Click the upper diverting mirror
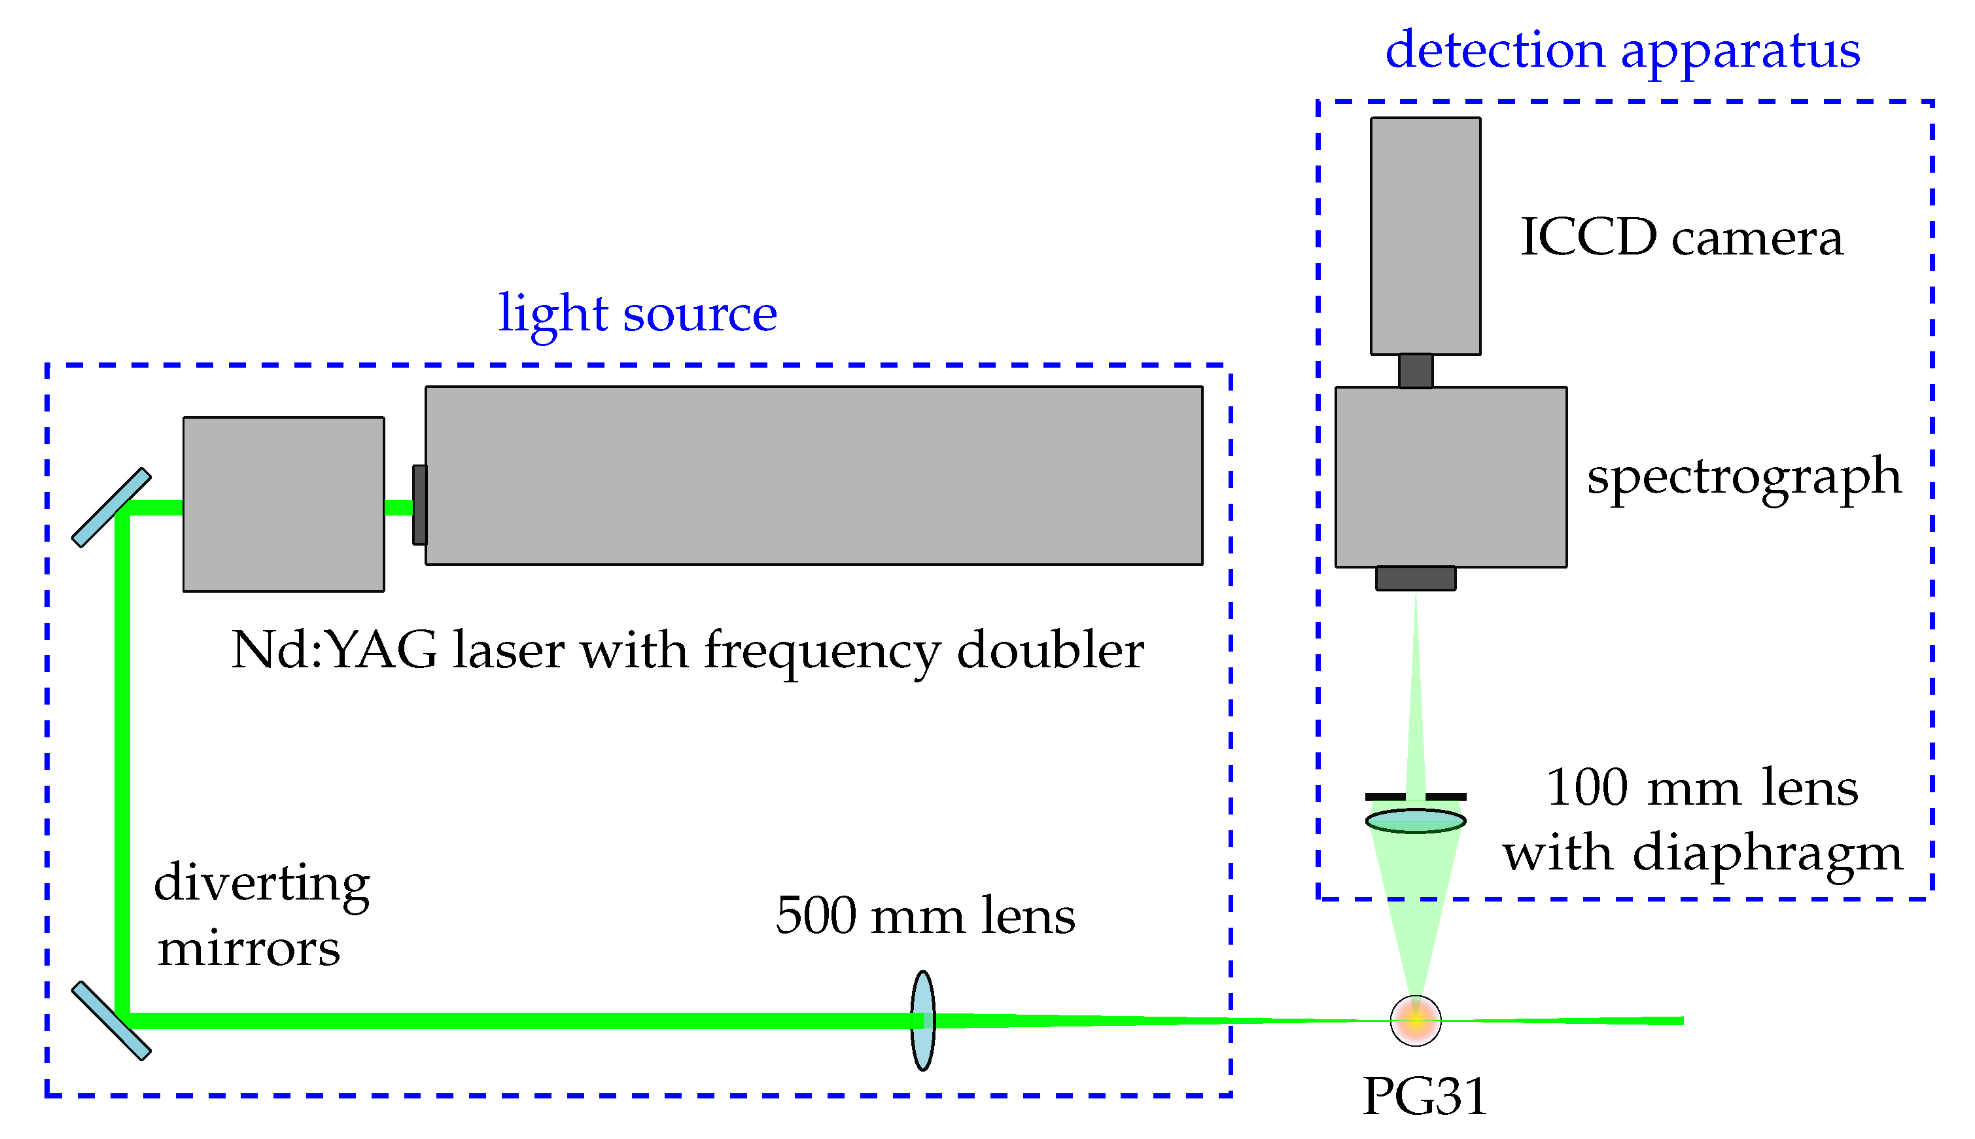pyautogui.click(x=111, y=508)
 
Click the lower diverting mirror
pyautogui.click(x=111, y=1021)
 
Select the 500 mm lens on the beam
pyautogui.click(x=923, y=1020)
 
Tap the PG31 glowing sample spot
pyautogui.click(x=1415, y=1020)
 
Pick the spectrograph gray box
pyautogui.click(x=1450, y=477)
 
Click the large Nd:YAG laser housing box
pyautogui.click(x=813, y=476)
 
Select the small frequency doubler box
pyautogui.click(x=283, y=504)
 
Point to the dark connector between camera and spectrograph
pyautogui.click(x=1415, y=371)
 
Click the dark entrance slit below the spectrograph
pyautogui.click(x=1415, y=578)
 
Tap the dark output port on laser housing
pyautogui.click(x=420, y=504)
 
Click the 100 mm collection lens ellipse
pyautogui.click(x=1415, y=820)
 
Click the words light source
pyautogui.click(x=637, y=315)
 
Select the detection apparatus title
pyautogui.click(x=1622, y=52)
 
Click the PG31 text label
pyautogui.click(x=1424, y=1096)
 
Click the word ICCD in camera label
pyautogui.click(x=1588, y=237)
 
